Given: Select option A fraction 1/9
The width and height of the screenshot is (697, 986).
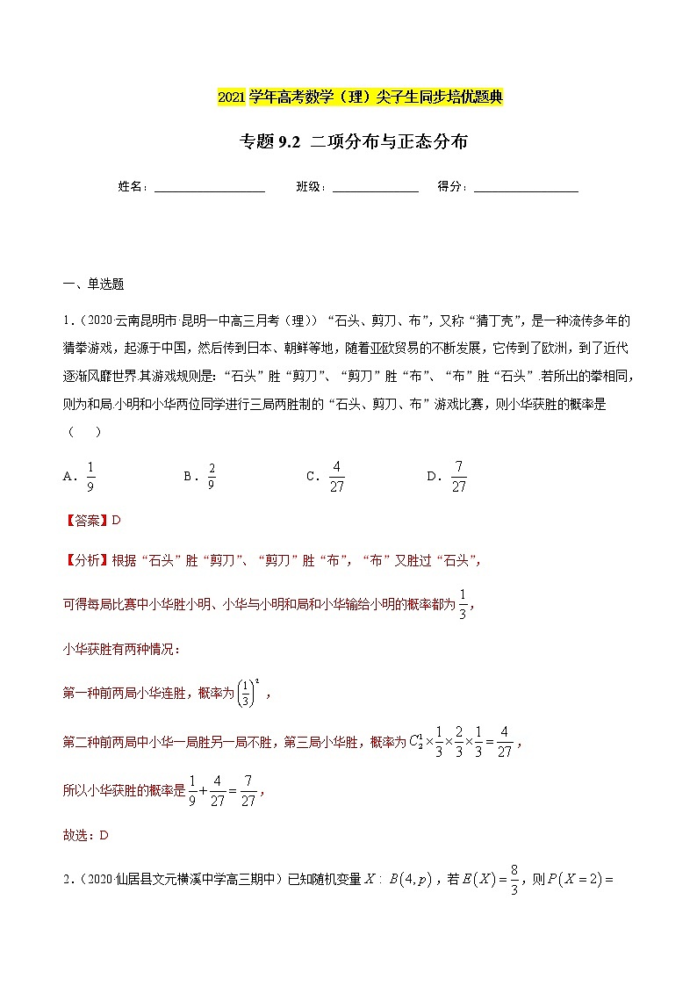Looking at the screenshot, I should pos(90,477).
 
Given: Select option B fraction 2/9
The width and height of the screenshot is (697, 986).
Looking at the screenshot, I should pos(211,477).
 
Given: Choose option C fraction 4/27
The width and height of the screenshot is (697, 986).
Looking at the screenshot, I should pos(336,477).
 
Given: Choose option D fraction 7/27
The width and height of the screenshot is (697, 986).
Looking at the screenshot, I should pos(458,477).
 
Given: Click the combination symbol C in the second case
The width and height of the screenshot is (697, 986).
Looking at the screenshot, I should pos(418,742).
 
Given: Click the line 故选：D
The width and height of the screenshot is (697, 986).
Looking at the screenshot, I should pos(85,835).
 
